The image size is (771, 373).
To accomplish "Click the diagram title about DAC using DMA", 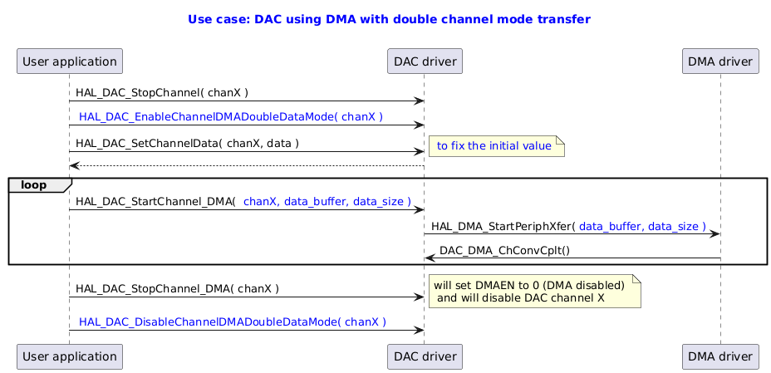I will click(x=390, y=18).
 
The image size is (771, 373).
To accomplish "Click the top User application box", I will click(x=70, y=61).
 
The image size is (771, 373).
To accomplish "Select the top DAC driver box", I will click(x=425, y=61).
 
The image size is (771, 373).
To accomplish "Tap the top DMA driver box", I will click(x=720, y=61).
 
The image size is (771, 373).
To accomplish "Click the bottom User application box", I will click(x=70, y=356).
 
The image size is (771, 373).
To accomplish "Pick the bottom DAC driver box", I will click(x=425, y=356).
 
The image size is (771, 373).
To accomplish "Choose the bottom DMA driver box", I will click(x=720, y=356).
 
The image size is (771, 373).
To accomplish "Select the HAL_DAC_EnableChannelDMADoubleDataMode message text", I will click(x=230, y=117).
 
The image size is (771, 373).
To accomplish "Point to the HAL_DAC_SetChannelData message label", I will click(x=187, y=143).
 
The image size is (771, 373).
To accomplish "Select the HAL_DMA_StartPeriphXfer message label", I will click(x=568, y=226).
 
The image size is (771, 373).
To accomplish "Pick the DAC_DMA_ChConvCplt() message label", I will click(x=504, y=250).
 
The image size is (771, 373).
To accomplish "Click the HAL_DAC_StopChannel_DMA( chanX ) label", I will click(x=177, y=289).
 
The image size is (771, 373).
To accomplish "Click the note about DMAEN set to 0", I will click(x=533, y=291).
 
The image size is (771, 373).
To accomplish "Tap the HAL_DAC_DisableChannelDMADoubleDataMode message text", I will click(x=232, y=321).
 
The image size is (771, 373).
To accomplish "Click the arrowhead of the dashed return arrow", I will click(x=74, y=166).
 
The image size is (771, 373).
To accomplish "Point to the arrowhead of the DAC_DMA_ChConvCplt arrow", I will click(x=430, y=259).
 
